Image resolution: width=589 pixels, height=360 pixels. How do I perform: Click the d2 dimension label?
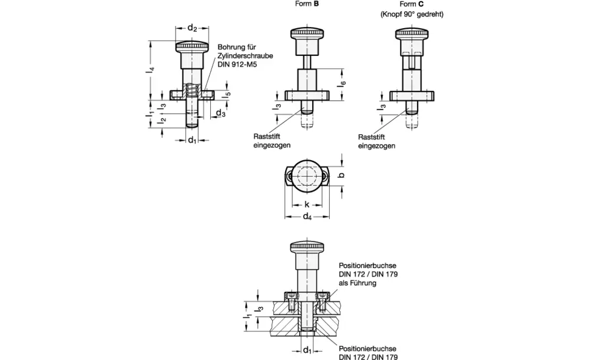[193, 28]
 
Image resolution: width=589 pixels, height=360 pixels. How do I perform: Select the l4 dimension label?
[151, 70]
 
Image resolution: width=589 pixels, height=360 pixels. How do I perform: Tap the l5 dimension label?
[227, 95]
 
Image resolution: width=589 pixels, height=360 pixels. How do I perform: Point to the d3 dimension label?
[220, 113]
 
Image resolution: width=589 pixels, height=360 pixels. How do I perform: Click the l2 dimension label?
[162, 121]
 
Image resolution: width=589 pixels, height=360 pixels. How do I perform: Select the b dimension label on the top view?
[342, 175]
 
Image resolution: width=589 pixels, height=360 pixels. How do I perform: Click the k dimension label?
[307, 204]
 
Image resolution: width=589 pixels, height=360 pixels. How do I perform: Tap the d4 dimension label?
[307, 216]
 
